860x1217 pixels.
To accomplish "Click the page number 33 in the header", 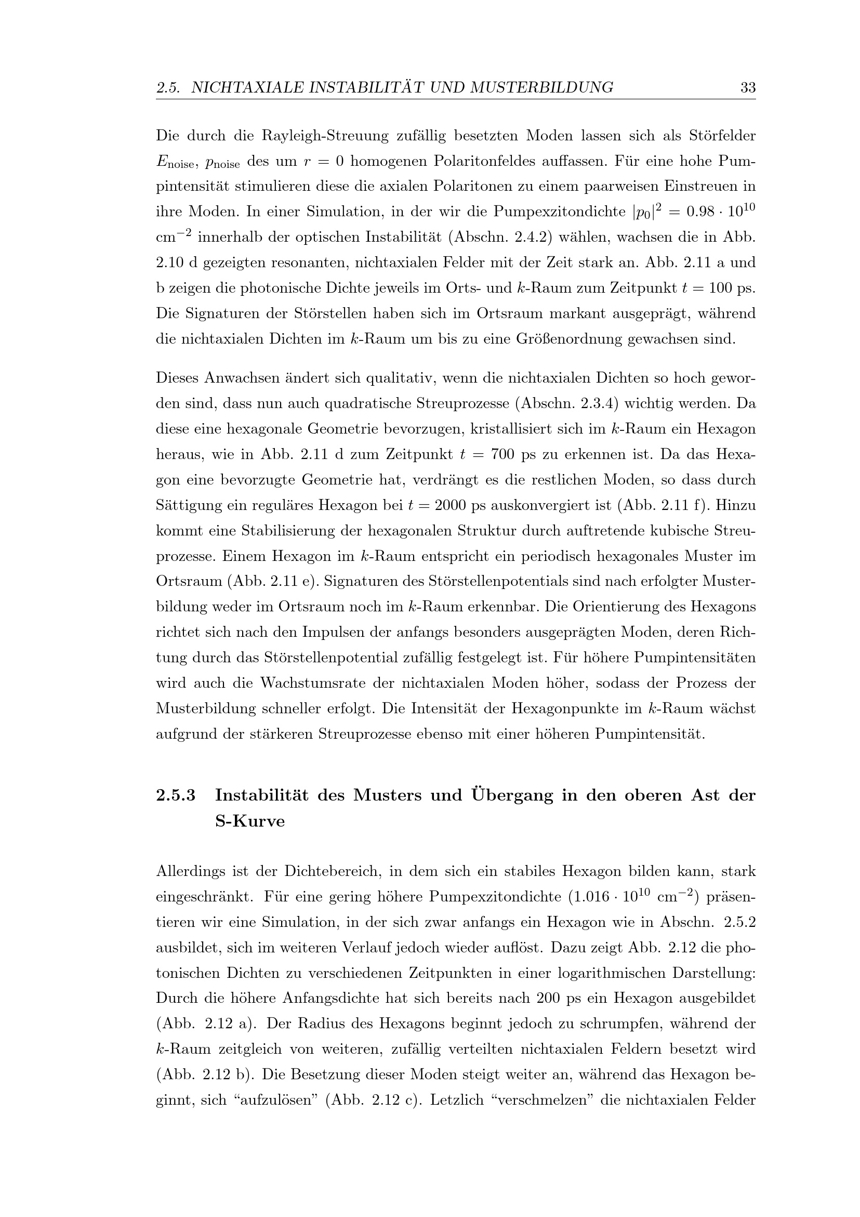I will coord(748,87).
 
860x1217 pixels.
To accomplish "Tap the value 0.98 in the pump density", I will coord(700,212).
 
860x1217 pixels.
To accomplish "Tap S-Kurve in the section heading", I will coord(249,821).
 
